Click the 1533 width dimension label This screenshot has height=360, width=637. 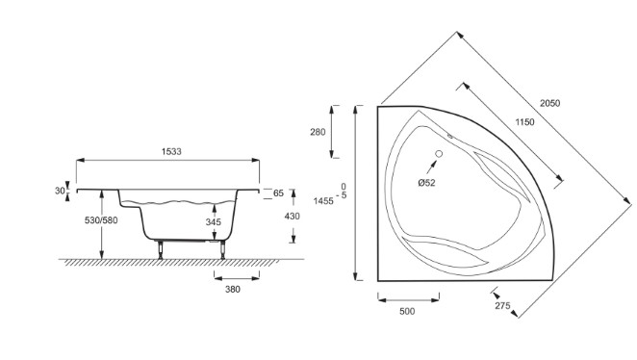(x=171, y=151)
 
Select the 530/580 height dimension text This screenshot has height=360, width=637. (x=101, y=220)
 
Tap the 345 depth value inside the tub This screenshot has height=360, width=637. (x=214, y=221)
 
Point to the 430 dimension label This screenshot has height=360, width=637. (x=293, y=217)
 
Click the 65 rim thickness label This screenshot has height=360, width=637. (x=278, y=193)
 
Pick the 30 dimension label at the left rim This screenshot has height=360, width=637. (x=60, y=191)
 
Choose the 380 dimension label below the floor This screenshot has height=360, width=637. (x=233, y=290)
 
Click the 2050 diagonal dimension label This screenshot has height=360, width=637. (x=549, y=103)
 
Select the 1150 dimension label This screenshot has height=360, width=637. (x=524, y=122)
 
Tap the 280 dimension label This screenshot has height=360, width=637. (x=318, y=132)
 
